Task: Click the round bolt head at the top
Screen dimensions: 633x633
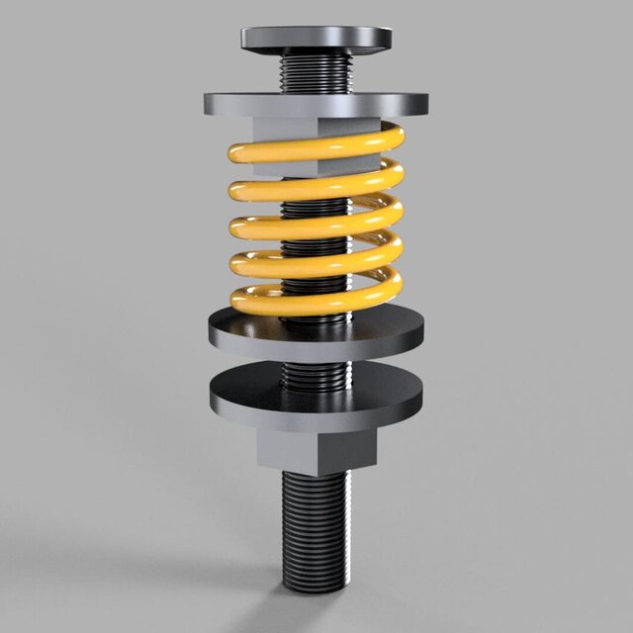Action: (316, 39)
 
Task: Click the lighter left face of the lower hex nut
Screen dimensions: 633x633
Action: (292, 451)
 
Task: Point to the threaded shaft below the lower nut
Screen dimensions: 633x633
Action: (316, 524)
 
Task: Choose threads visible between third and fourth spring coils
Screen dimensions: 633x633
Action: (315, 245)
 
